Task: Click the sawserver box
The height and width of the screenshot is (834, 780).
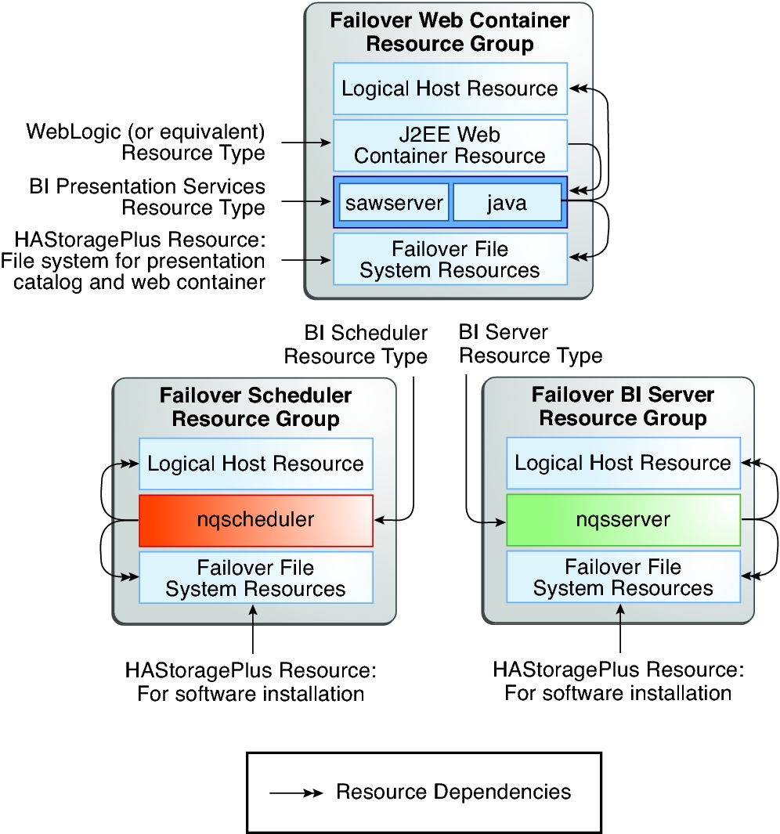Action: (394, 204)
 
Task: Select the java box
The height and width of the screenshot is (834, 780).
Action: (507, 204)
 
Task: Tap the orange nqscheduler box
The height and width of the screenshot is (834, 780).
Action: (255, 520)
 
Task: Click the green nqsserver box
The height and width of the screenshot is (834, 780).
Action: (623, 520)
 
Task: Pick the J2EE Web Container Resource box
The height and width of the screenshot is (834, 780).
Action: (450, 145)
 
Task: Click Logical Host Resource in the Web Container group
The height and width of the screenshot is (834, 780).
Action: (450, 88)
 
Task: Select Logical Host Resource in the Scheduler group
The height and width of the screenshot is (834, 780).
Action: (255, 464)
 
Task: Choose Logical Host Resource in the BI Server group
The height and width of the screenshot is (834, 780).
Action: (623, 463)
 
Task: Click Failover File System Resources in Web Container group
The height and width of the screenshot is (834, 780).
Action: (450, 260)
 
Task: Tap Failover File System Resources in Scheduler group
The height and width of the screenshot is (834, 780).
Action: (255, 577)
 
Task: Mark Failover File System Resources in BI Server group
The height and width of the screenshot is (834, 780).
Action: (623, 577)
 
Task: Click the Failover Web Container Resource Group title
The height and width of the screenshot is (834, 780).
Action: (450, 31)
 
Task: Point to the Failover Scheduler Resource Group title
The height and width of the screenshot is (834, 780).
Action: (255, 407)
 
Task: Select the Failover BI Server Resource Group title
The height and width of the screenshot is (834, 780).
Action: (623, 407)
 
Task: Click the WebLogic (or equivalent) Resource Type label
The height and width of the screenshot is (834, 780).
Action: (146, 141)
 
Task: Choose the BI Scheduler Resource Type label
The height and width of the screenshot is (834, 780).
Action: (356, 345)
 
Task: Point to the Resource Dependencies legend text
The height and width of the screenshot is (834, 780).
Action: (453, 792)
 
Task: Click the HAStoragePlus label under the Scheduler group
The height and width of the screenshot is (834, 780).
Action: (251, 683)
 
